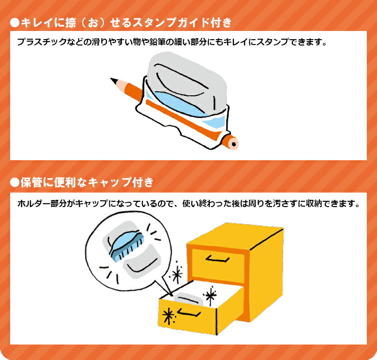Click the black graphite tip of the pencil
point(113,80)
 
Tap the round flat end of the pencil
point(232,144)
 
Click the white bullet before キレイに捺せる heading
point(14,23)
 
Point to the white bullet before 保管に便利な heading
point(14,182)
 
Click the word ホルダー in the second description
point(34,204)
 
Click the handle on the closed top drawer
point(217,259)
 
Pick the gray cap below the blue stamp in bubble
point(141,262)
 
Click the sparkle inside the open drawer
point(210,295)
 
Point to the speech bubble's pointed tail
point(170,293)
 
